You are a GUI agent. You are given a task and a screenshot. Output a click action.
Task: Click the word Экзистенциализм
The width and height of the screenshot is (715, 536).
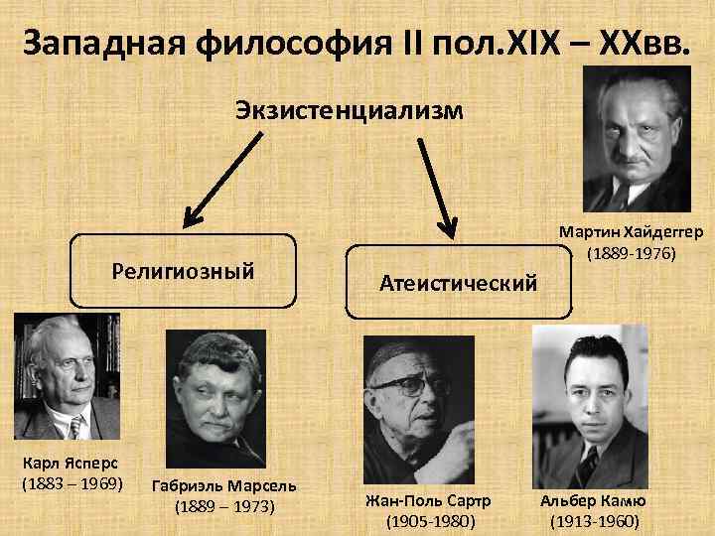(349, 108)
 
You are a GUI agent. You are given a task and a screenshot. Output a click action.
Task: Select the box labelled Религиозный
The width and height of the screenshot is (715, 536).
(184, 269)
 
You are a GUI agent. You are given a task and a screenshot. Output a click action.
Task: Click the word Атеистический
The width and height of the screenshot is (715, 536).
(458, 283)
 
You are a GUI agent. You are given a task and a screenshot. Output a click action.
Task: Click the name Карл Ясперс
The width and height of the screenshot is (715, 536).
(66, 465)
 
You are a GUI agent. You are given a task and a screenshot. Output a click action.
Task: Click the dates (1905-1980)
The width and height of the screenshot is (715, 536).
(428, 521)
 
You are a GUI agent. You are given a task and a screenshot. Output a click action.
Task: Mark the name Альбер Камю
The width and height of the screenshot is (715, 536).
(593, 500)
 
